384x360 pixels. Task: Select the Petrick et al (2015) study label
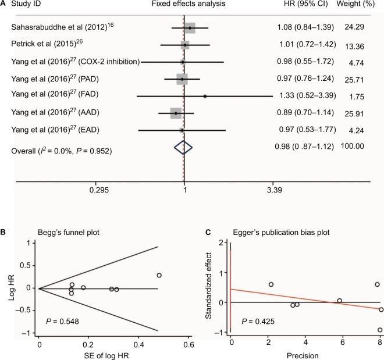[44, 45]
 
